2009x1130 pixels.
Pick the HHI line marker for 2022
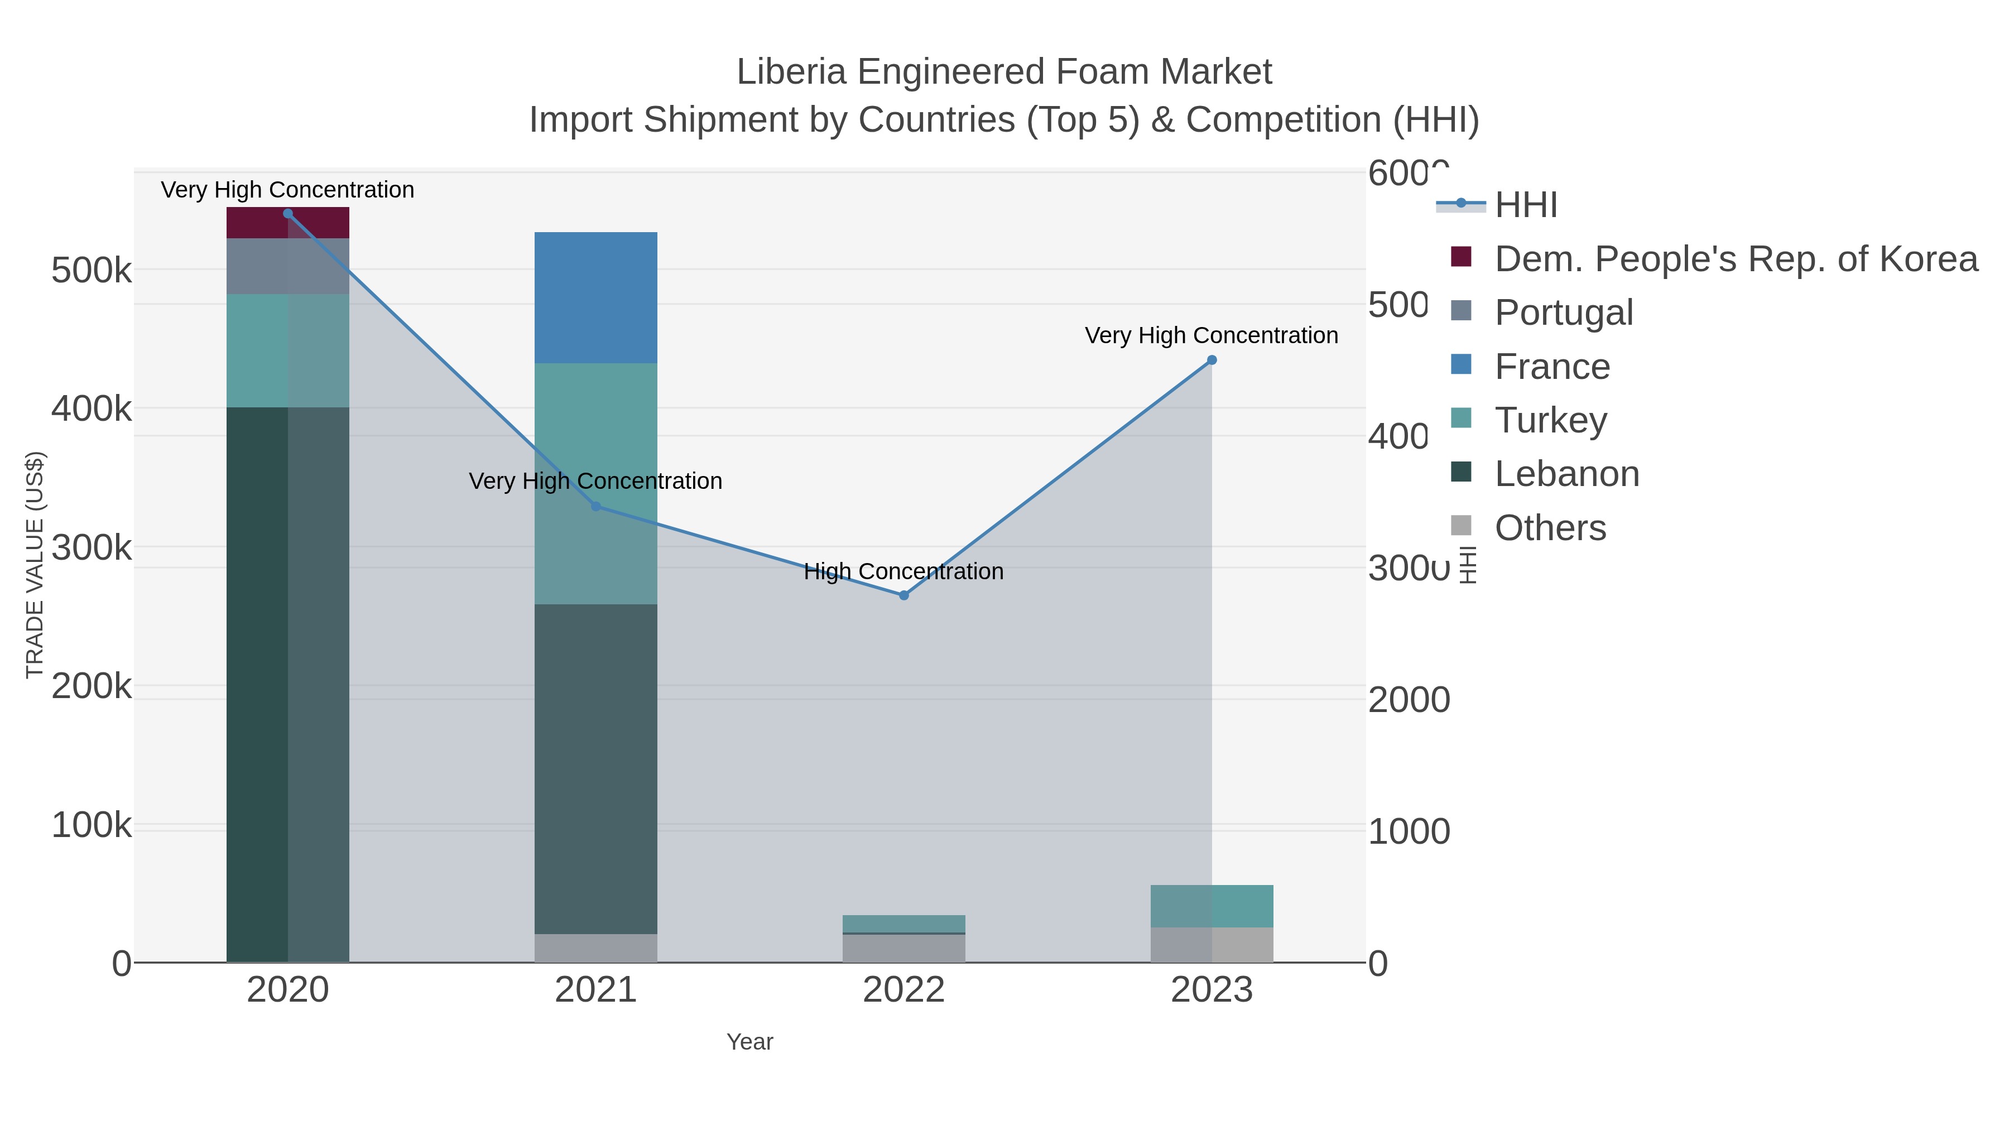click(904, 595)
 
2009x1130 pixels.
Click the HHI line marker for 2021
click(596, 506)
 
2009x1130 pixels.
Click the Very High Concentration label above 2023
click(1210, 335)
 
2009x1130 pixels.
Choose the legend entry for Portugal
click(1563, 312)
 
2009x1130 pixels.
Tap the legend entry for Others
click(1550, 528)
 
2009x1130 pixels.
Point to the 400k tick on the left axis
click(92, 408)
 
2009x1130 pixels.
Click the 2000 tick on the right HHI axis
click(1409, 700)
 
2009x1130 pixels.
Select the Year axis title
click(749, 1041)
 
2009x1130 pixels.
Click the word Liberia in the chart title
click(791, 72)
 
